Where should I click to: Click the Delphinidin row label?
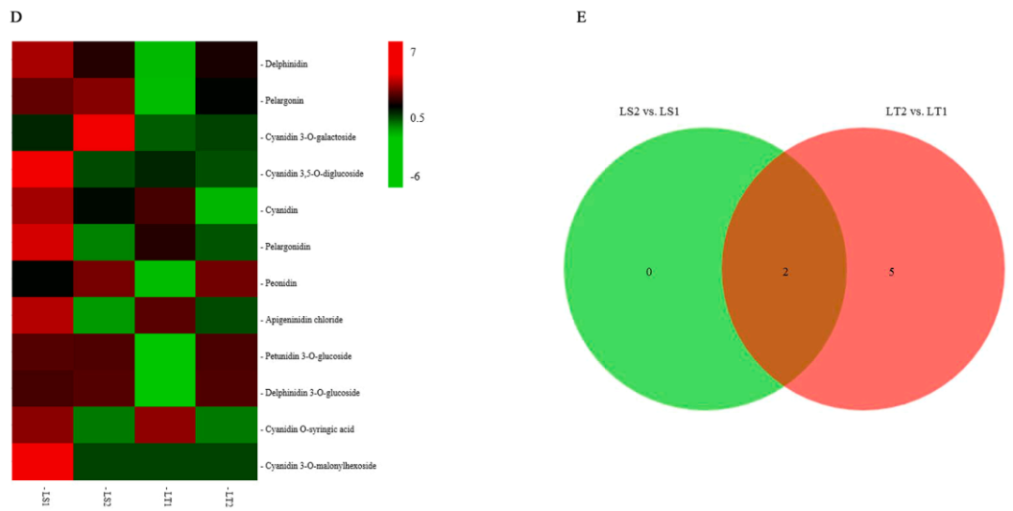tap(287, 65)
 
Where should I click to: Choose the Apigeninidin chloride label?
tap(304, 320)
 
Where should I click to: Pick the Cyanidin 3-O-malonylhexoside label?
tap(320, 465)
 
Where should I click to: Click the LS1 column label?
tap(43, 495)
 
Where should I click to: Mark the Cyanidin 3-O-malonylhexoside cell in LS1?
tap(43, 463)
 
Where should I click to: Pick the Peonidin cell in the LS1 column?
tap(43, 280)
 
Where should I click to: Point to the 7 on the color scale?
tap(413, 53)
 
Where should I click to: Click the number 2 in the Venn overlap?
tap(786, 272)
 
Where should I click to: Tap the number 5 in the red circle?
tap(892, 272)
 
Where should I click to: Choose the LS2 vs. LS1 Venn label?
tap(643, 113)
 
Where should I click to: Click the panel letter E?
tap(582, 17)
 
